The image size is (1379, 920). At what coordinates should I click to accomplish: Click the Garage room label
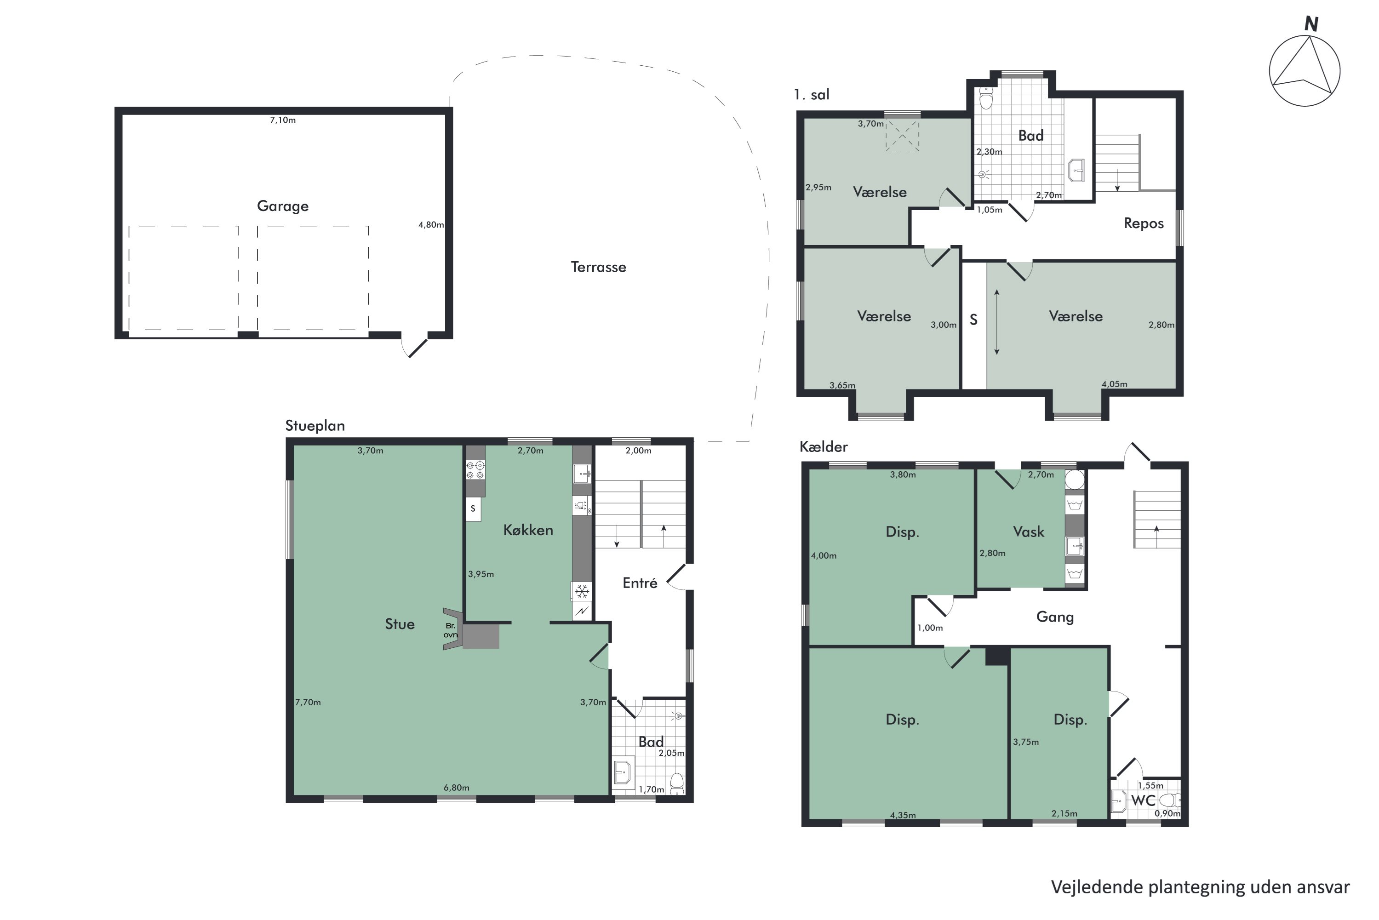[x=282, y=206]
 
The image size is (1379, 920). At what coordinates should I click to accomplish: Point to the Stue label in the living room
[x=400, y=624]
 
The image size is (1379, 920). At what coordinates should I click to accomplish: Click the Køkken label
[x=528, y=530]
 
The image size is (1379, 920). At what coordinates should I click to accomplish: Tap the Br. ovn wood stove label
[x=450, y=630]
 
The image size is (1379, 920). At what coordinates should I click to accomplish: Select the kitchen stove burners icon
[x=475, y=470]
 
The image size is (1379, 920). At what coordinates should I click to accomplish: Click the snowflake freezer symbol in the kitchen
[x=582, y=591]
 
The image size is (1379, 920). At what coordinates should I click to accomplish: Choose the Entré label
[x=640, y=583]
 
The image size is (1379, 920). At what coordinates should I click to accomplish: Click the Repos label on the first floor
[x=1143, y=223]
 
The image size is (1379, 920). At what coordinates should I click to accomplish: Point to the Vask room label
[x=1029, y=531]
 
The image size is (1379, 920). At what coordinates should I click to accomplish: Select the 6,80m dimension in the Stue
[x=456, y=788]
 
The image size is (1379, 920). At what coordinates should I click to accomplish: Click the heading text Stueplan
[x=315, y=426]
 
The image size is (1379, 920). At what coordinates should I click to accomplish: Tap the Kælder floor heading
[x=823, y=446]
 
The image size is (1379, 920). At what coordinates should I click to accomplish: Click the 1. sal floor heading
[x=812, y=94]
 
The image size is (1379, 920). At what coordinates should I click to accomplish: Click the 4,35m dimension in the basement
[x=903, y=815]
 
